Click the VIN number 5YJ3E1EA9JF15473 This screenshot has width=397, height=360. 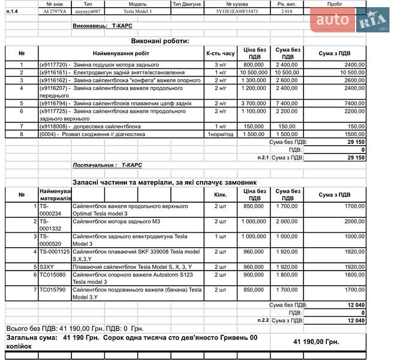(x=237, y=11)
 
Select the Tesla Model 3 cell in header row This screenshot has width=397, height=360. (x=137, y=11)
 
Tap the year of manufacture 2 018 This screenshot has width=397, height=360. (x=285, y=11)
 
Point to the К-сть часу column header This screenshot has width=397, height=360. (x=220, y=53)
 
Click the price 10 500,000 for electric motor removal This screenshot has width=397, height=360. (x=254, y=72)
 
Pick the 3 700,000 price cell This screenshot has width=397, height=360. (x=254, y=103)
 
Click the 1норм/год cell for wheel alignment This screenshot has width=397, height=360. (x=220, y=134)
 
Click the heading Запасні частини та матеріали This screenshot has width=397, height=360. (x=164, y=181)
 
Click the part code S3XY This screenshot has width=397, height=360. (x=47, y=266)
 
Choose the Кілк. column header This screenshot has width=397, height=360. (x=220, y=194)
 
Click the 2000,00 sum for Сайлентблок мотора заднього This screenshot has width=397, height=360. (x=354, y=221)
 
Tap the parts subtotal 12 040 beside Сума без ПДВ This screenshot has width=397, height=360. (x=356, y=305)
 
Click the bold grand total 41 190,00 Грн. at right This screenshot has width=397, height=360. (x=316, y=341)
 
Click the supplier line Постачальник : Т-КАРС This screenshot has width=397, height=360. (x=107, y=164)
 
